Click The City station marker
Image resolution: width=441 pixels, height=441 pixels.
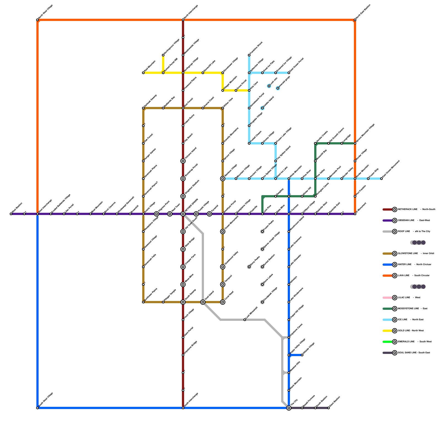(x=289, y=408)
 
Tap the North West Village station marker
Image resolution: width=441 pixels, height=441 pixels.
(x=37, y=20)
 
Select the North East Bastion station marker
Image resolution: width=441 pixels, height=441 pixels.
(x=355, y=20)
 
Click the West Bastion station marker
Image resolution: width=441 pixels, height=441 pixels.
(x=11, y=214)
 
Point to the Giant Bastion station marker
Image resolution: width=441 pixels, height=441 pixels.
(x=329, y=408)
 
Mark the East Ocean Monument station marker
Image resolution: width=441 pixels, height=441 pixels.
(x=381, y=179)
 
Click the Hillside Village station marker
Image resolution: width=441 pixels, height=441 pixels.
(x=302, y=355)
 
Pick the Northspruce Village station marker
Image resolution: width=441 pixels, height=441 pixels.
(x=163, y=55)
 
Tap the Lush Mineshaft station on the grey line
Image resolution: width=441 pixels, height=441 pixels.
(x=245, y=320)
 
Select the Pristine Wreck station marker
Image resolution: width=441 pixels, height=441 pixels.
(x=249, y=55)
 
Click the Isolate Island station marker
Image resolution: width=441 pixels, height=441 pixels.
(x=262, y=108)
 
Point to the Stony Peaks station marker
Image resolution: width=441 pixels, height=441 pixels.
(x=249, y=267)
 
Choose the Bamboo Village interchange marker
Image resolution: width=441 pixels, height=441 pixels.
(x=223, y=179)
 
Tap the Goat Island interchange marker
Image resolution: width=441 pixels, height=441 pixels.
(x=203, y=302)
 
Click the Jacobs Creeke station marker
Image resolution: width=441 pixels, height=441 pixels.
(x=315, y=143)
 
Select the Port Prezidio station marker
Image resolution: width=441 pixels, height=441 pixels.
(x=355, y=196)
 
